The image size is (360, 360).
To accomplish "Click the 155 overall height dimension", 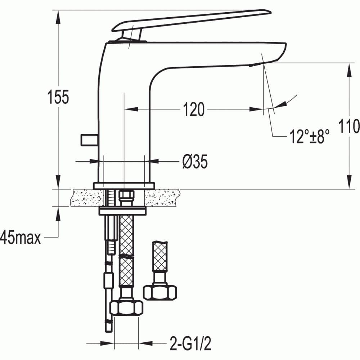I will (58, 97).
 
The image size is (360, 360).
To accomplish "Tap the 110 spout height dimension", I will (349, 126).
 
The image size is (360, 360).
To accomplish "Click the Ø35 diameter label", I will (195, 162).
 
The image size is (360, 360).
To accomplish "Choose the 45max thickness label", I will (21, 238).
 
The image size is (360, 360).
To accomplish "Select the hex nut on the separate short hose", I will (160, 292).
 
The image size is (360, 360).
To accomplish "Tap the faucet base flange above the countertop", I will (123, 186).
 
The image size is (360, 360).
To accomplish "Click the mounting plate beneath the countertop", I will (122, 211).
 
